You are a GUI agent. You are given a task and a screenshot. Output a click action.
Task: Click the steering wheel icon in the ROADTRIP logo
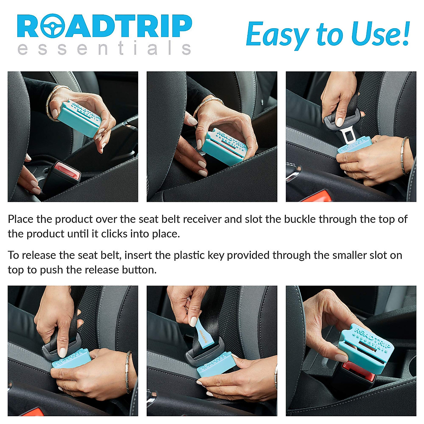pyautogui.click(x=53, y=26)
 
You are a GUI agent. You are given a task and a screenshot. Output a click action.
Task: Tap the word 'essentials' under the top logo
pyautogui.click(x=104, y=48)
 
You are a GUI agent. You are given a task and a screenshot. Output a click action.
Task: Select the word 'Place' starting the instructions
pyautogui.click(x=20, y=219)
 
